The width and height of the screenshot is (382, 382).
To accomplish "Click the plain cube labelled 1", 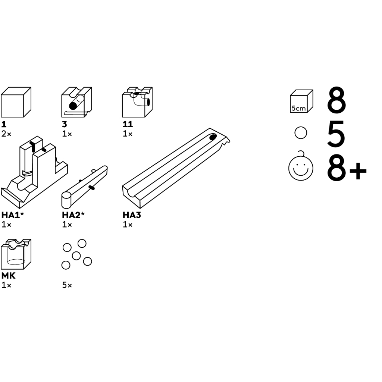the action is coord(16,102).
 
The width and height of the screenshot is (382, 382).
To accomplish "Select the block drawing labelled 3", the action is coord(76,102).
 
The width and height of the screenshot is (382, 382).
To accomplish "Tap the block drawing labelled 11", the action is coord(137,102).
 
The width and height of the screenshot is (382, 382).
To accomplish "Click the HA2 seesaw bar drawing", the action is coord(85,186).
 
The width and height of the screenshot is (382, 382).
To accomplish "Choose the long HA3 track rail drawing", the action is coord(176,168).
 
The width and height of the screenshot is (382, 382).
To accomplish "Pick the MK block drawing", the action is coord(16,254).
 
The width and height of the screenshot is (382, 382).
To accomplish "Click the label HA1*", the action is coord(13,215).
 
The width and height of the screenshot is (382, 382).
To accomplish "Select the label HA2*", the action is coord(73,215).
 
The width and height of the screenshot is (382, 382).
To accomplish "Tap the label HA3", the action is coord(132,215).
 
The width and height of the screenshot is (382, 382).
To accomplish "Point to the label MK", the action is coord(8,276).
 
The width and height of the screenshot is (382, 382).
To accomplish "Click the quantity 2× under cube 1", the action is coord(6,134).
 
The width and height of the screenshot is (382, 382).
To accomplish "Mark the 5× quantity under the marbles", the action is coord(67,285).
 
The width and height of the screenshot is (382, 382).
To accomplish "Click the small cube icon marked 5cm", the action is coord(301,101).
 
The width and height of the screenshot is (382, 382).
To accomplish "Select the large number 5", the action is coord(336,134).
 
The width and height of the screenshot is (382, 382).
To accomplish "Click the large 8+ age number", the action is coord(347,168).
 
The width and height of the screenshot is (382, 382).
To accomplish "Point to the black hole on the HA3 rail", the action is coord(213,137).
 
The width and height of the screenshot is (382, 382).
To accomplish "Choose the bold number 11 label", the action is coord(128,124).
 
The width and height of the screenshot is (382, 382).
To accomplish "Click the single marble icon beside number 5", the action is coord(301,133).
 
